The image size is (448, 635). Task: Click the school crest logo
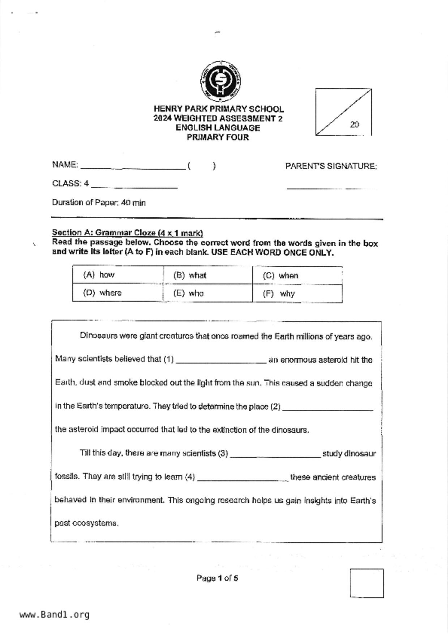tap(221, 81)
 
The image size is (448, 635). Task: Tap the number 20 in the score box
tap(354, 125)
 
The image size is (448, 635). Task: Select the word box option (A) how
tap(99, 275)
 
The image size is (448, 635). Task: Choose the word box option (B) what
tap(190, 276)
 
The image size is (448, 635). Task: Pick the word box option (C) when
tap(281, 276)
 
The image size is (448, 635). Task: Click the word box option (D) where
tap(102, 293)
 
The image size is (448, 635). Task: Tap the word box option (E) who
tap(188, 293)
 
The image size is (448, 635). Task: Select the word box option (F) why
tap(279, 294)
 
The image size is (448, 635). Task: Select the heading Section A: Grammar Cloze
tap(127, 233)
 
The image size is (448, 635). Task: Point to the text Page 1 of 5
tap(217, 578)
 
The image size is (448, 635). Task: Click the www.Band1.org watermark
tap(54, 615)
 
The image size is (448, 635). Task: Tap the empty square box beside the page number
tap(367, 583)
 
